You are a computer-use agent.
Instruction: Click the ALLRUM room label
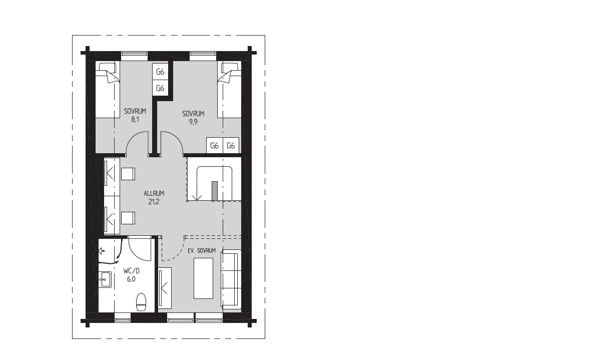pos(154,194)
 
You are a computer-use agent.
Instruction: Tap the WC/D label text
pos(132,271)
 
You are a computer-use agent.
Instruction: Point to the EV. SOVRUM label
pos(202,250)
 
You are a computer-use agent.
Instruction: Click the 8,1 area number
pos(135,119)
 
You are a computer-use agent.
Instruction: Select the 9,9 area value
pos(193,122)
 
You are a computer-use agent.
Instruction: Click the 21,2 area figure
pos(154,202)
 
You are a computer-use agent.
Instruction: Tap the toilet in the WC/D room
pos(141,302)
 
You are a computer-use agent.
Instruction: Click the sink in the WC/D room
pos(105,279)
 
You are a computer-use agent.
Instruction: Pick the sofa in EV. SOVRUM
pos(231,279)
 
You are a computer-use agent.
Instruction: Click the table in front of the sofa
pos(203,278)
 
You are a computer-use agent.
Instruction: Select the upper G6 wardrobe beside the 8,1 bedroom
pos(160,72)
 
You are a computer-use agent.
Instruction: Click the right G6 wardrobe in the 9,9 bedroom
pos(231,146)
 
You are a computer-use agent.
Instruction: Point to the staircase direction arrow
pos(197,198)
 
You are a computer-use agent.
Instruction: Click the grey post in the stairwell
pos(215,191)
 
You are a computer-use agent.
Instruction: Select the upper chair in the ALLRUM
pos(128,174)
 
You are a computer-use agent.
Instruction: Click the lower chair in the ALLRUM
pos(128,218)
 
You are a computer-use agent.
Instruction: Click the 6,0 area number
pos(131,279)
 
